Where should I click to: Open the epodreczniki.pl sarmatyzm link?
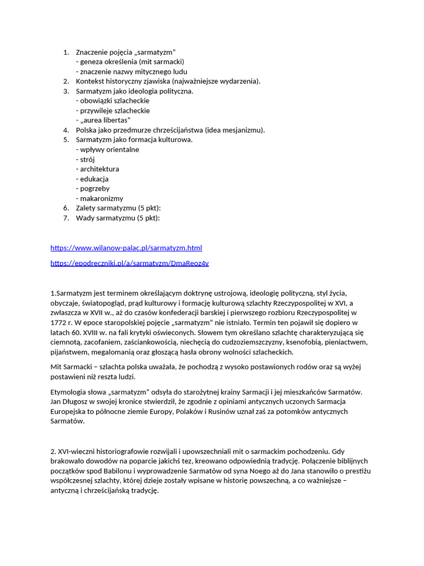pos(129,263)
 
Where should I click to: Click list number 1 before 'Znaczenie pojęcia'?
pos(66,52)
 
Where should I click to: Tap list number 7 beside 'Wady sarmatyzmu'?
pos(66,218)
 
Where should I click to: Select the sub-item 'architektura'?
pos(99,169)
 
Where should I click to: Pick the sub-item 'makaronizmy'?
pos(102,198)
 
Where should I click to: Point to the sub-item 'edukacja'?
pos(94,179)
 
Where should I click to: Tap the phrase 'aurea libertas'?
pos(105,120)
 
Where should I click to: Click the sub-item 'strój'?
pos(88,159)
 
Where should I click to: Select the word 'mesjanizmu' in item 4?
pos(244,130)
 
